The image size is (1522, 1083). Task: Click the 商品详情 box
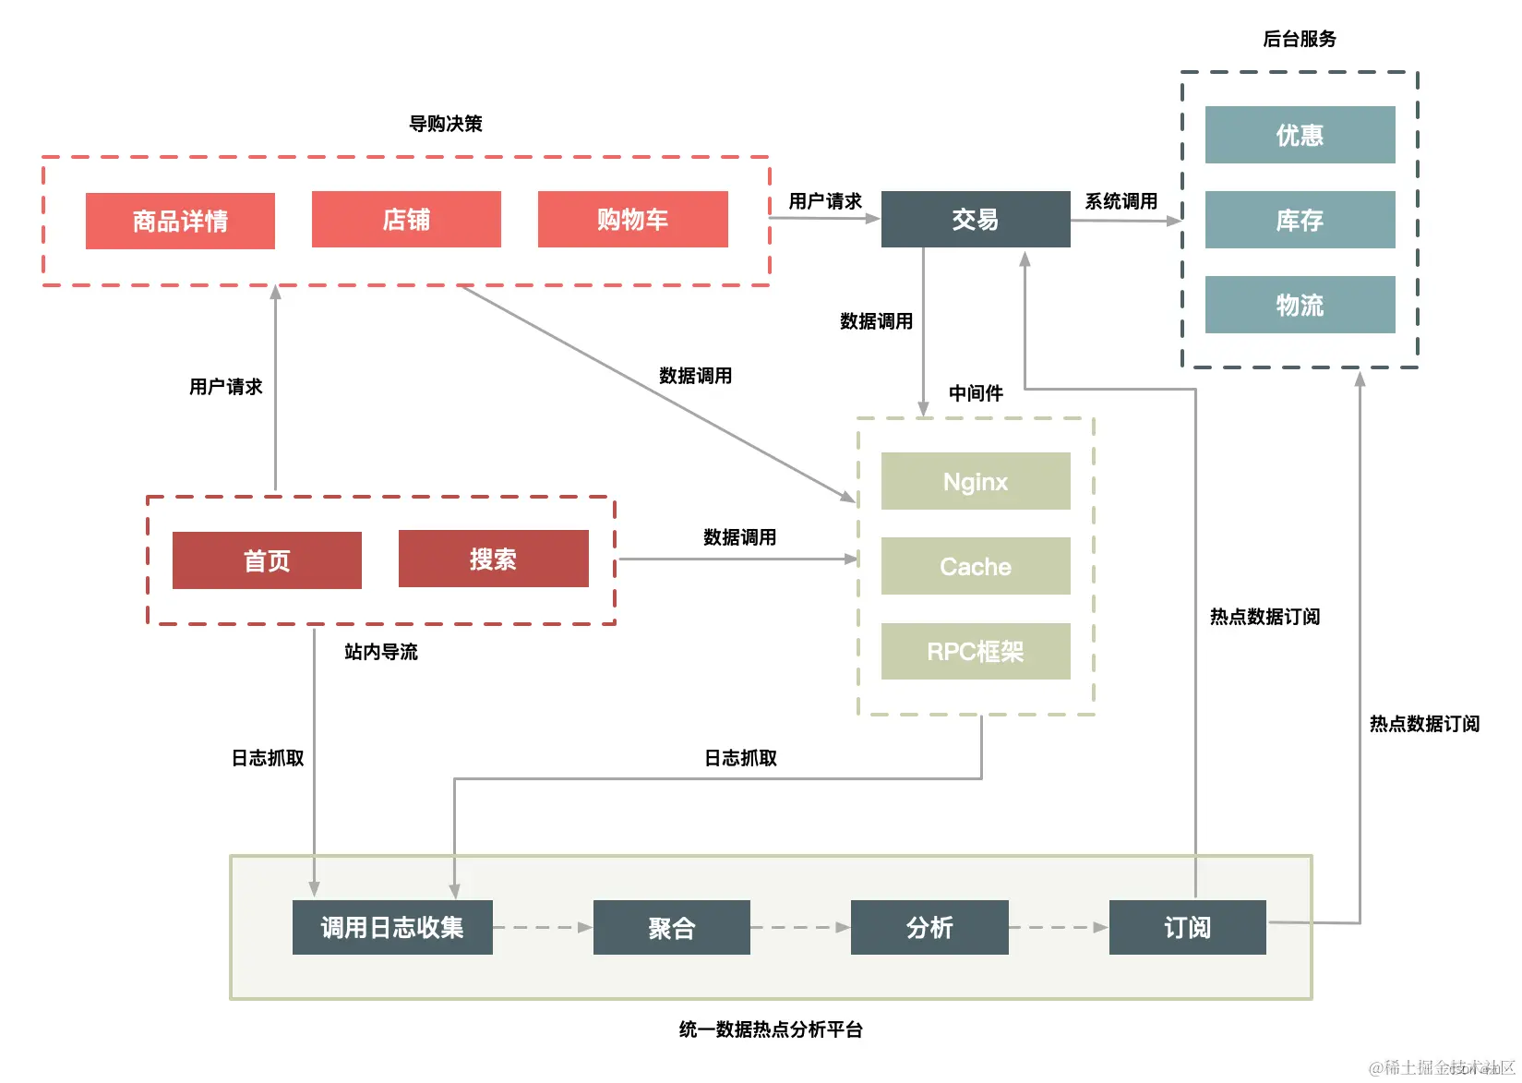pyautogui.click(x=180, y=221)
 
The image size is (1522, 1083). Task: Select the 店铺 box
pyautogui.click(x=406, y=219)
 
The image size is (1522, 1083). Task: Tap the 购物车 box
pyautogui.click(x=632, y=219)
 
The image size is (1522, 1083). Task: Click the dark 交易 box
pyautogui.click(x=976, y=219)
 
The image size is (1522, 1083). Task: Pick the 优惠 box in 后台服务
pyautogui.click(x=1300, y=135)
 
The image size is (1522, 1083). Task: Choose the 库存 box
pyautogui.click(x=1300, y=220)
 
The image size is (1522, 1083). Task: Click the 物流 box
pyautogui.click(x=1300, y=305)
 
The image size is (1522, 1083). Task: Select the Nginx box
pyautogui.click(x=976, y=481)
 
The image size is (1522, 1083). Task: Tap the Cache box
pyautogui.click(x=976, y=566)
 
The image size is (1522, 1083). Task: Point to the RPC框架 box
pyautogui.click(x=976, y=651)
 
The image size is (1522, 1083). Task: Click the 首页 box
pyautogui.click(x=267, y=560)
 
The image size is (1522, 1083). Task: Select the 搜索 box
pyautogui.click(x=493, y=559)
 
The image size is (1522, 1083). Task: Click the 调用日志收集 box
pyautogui.click(x=392, y=927)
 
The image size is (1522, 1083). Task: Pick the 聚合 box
pyautogui.click(x=671, y=927)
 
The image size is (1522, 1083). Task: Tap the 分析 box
pyautogui.click(x=929, y=927)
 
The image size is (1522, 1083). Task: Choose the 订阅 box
pyautogui.click(x=1187, y=927)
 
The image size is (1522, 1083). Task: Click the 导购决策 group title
pyautogui.click(x=446, y=124)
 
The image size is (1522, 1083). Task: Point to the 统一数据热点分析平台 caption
pyautogui.click(x=771, y=1029)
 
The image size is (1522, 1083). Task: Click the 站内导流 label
pyautogui.click(x=380, y=652)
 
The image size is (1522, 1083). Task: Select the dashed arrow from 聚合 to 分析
pyautogui.click(x=799, y=927)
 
